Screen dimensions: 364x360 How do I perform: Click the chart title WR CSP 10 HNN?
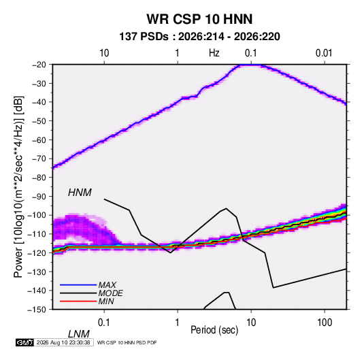pos(199,19)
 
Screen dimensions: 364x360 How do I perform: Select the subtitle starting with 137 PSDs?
pos(199,37)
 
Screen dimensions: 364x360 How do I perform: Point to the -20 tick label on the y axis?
pos(39,65)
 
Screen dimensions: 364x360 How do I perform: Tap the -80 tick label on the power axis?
pos(39,178)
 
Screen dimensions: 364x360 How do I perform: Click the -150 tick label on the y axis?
pos(37,310)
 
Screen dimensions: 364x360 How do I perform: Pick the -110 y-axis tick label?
pos(37,234)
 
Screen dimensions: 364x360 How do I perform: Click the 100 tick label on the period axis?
pos(325,322)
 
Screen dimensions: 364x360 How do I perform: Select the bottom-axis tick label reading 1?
pos(178,322)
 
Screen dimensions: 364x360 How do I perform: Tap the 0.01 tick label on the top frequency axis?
pos(324,53)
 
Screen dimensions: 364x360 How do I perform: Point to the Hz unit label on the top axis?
pos(214,53)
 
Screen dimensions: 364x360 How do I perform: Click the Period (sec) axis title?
pos(214,330)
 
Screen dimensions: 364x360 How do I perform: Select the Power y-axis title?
pos(18,187)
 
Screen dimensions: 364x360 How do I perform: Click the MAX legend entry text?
pos(107,285)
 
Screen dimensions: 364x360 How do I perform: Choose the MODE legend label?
pos(110,293)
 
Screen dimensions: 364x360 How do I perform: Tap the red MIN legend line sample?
pos(78,301)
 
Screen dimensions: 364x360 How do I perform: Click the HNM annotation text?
pos(80,193)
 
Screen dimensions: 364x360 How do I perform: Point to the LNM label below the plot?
pos(78,334)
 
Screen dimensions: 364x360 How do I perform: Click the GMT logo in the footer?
pos(24,342)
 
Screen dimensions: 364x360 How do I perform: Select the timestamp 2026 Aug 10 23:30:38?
pos(63,342)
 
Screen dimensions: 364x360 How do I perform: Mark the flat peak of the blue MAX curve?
pos(252,65)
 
